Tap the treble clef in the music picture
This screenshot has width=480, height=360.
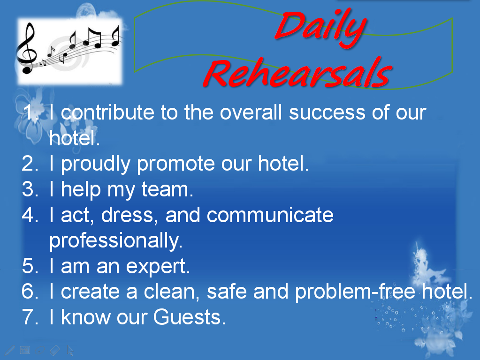click(x=27, y=48)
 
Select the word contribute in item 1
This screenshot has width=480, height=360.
click(x=107, y=112)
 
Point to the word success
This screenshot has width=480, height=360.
click(x=327, y=112)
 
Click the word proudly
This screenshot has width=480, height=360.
click(x=96, y=165)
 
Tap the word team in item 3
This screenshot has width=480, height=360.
click(x=167, y=189)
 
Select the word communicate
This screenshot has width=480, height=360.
click(x=270, y=215)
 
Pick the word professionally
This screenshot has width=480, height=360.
click(x=116, y=241)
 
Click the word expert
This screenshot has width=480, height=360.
click(x=158, y=266)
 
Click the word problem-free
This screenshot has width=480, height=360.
click(x=355, y=292)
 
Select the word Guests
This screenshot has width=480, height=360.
click(x=189, y=317)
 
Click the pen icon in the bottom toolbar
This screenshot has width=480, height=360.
click(x=10, y=350)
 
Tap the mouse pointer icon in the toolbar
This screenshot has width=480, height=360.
click(x=70, y=350)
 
